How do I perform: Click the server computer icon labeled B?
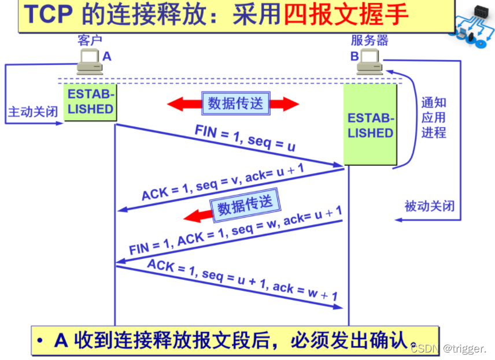(x=370, y=62)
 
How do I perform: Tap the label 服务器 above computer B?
(x=370, y=40)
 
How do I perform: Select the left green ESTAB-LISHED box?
(x=90, y=102)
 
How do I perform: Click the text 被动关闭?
(x=429, y=206)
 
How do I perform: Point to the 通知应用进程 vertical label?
(x=433, y=118)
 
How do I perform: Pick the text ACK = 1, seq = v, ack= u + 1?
(x=223, y=181)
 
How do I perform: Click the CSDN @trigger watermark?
(x=448, y=348)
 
